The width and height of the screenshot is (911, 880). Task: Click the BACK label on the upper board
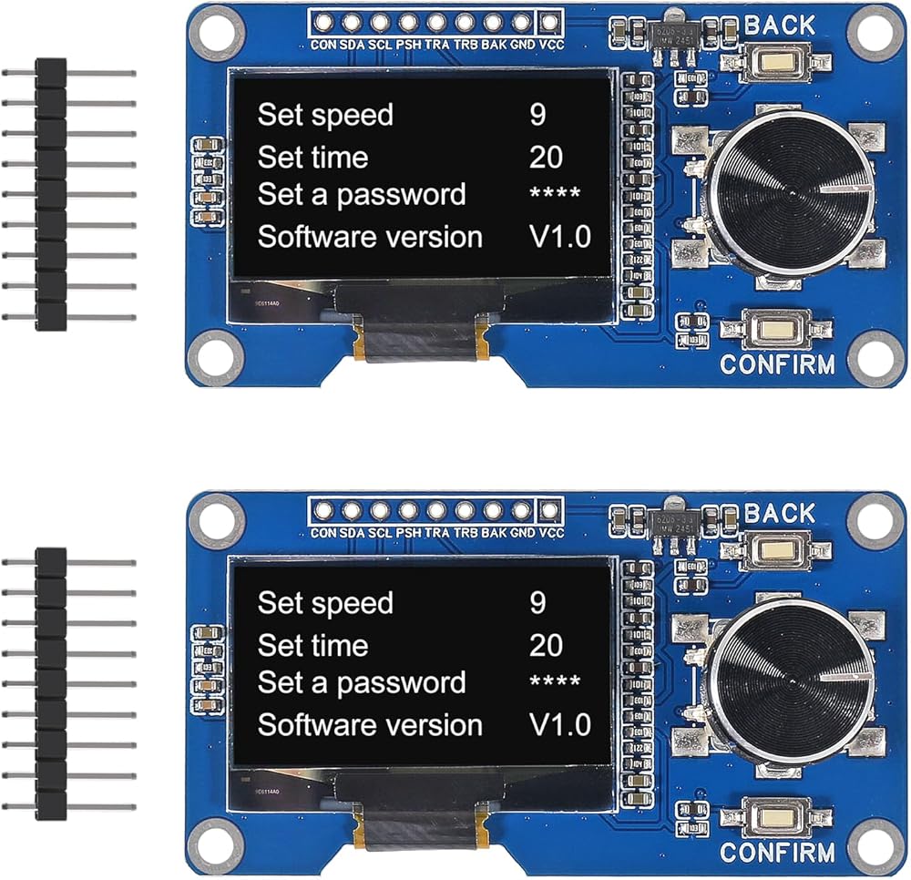(780, 25)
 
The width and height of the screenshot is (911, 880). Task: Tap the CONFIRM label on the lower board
(777, 854)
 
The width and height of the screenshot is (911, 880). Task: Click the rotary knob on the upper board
(778, 189)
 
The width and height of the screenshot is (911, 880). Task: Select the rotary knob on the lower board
(778, 678)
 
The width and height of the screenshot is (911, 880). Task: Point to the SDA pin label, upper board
(351, 44)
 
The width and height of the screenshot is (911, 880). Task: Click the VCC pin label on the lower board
(551, 533)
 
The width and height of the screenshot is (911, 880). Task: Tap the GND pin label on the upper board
(523, 44)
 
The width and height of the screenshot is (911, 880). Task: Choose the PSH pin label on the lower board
(408, 533)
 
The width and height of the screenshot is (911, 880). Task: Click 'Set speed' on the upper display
(325, 116)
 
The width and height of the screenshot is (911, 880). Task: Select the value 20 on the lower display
(546, 646)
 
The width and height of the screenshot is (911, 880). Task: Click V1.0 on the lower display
(560, 725)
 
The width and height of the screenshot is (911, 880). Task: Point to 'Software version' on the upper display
(370, 237)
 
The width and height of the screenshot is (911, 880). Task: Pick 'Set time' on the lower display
(312, 646)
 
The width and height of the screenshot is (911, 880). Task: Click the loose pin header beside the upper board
(52, 194)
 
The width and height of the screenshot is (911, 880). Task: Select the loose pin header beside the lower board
(52, 682)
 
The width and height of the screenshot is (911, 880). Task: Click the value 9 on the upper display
(538, 115)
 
